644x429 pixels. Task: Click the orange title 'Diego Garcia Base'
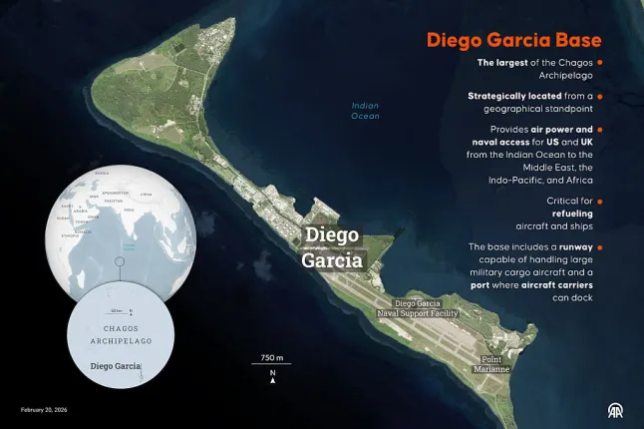[x=513, y=41]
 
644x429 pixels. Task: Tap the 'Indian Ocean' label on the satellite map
[x=365, y=111]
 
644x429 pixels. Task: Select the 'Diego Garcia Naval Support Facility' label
[x=418, y=307]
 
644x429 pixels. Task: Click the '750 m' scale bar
[x=272, y=359]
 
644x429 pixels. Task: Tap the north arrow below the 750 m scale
[x=272, y=378]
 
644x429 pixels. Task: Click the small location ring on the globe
[x=118, y=261]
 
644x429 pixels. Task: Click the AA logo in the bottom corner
[x=617, y=410]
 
